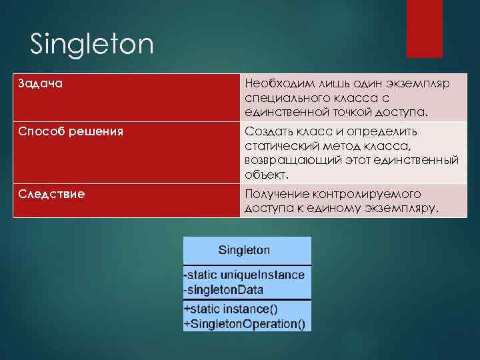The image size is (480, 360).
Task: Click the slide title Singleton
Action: [92, 45]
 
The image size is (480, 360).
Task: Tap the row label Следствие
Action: [51, 194]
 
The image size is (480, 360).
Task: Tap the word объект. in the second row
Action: [267, 175]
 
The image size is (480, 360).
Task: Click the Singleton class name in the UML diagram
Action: [245, 251]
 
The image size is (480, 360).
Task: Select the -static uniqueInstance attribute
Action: [245, 275]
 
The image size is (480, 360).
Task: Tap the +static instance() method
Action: [231, 309]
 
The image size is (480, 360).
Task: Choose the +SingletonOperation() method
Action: [245, 324]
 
